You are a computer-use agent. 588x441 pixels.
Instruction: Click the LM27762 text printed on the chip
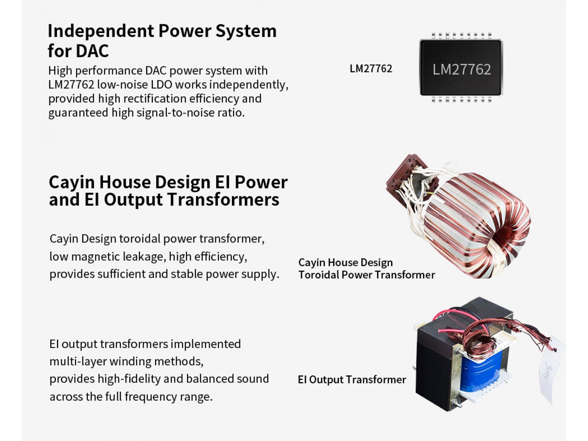(462, 69)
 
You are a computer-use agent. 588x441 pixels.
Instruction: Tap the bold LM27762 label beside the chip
(371, 69)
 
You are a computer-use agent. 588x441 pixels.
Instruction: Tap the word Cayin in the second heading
(72, 182)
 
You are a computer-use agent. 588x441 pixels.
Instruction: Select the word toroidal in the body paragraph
(139, 239)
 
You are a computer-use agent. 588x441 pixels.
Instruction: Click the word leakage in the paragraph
(144, 257)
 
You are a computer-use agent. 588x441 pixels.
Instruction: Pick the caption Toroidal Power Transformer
(366, 275)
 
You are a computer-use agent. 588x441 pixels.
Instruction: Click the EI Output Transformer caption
(352, 379)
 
